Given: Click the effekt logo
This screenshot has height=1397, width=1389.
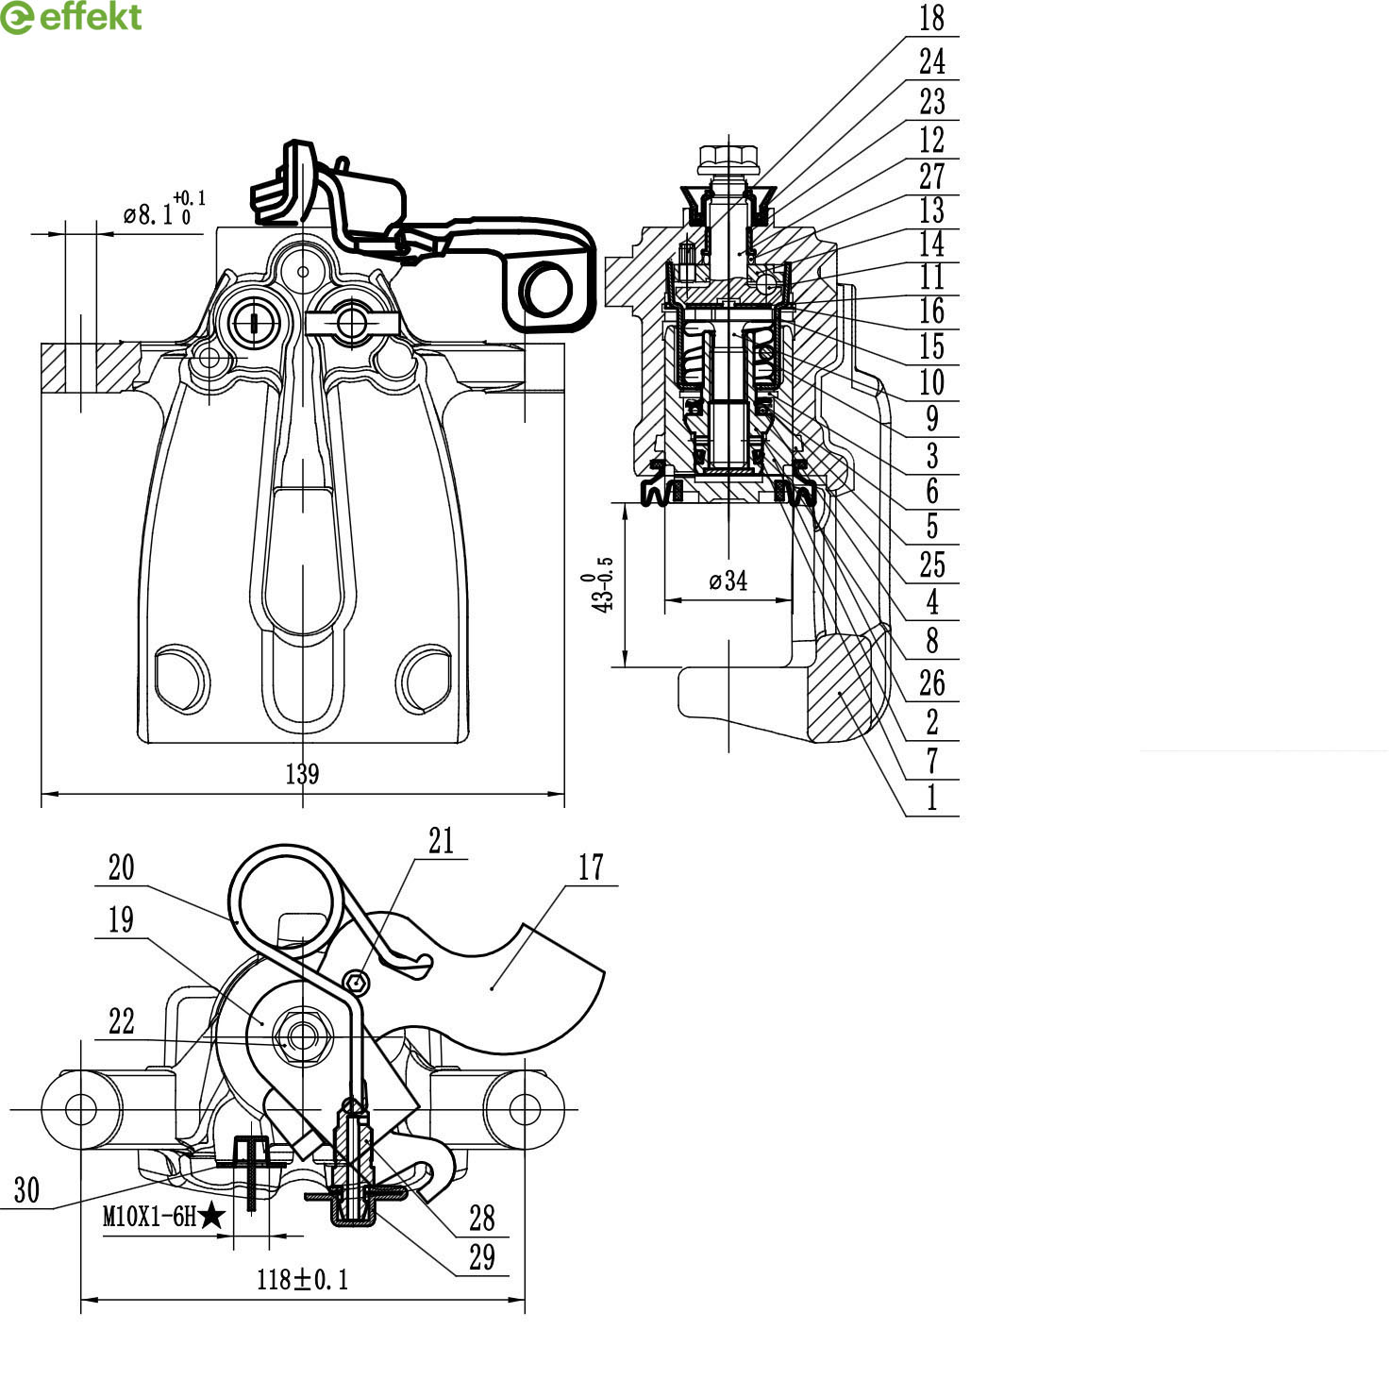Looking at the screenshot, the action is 72,17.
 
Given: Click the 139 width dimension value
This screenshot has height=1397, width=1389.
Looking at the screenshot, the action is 302,774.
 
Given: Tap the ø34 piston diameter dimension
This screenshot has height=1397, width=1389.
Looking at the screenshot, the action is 728,581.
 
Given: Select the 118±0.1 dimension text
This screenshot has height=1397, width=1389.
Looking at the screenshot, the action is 303,1279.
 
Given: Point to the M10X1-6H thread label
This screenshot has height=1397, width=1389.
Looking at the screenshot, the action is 149,1217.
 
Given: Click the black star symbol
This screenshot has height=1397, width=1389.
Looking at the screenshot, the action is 211,1216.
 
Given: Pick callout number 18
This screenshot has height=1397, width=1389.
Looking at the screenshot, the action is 931,18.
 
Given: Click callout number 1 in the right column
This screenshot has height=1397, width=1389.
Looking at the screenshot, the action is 932,798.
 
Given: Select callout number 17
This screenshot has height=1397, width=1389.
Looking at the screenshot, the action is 590,867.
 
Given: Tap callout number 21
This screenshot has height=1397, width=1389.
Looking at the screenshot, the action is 441,840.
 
